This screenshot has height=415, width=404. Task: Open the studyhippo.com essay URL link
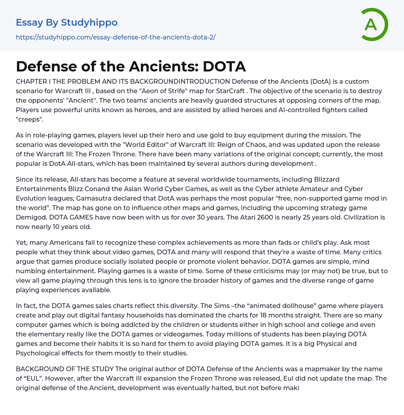[116, 38]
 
